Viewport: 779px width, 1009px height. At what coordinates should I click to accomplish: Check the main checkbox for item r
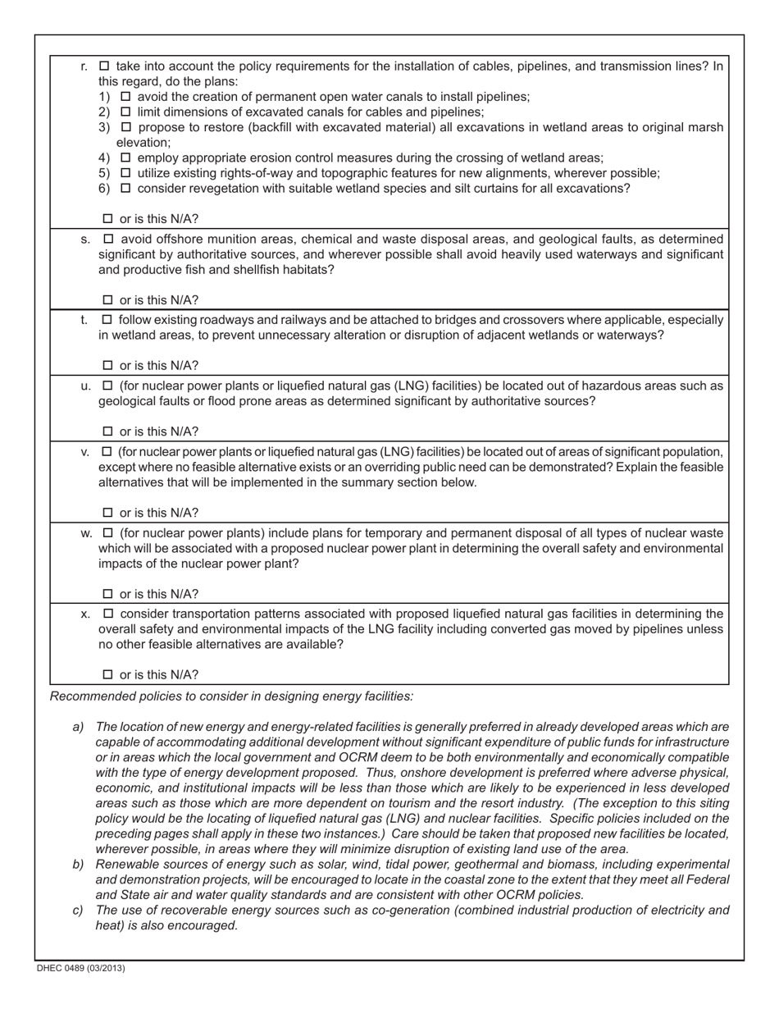tap(104, 66)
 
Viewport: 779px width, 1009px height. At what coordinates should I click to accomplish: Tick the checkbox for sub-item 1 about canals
tap(125, 97)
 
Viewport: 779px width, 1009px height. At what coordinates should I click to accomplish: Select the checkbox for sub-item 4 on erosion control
tap(125, 158)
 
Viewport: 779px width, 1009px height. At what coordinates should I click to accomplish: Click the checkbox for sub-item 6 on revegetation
tap(125, 188)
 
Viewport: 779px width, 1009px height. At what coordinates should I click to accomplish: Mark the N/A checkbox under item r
tap(107, 219)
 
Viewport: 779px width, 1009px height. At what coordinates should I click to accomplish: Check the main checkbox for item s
tap(107, 239)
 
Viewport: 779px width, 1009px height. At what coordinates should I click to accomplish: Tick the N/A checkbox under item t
tap(107, 366)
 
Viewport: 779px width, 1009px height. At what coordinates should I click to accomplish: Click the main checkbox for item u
tap(107, 386)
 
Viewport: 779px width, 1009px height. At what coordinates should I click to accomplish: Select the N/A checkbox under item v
tap(107, 513)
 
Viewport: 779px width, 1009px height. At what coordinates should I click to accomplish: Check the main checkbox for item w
tap(107, 533)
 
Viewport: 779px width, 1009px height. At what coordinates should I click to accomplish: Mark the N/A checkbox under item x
tap(107, 675)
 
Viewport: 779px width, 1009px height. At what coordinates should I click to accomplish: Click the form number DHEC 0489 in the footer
tap(80, 968)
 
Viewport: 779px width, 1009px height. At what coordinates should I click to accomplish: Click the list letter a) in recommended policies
tap(79, 727)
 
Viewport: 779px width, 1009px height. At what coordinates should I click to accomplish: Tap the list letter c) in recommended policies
tap(79, 910)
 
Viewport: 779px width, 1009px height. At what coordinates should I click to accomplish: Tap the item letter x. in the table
tap(85, 614)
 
